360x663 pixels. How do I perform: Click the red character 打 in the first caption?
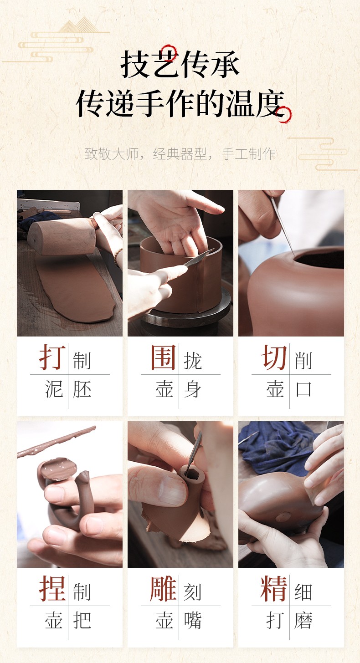coord(52,357)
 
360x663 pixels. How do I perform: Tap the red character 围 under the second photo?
coord(163,357)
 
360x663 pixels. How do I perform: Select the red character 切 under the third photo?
coord(274,357)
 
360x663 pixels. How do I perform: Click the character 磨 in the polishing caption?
coord(303,620)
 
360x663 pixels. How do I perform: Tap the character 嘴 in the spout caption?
coord(193,620)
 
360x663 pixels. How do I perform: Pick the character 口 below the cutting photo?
coord(303,389)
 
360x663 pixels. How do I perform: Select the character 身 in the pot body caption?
coord(193,389)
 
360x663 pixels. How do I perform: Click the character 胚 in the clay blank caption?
coord(82,389)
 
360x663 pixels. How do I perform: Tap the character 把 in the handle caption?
coord(82,620)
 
